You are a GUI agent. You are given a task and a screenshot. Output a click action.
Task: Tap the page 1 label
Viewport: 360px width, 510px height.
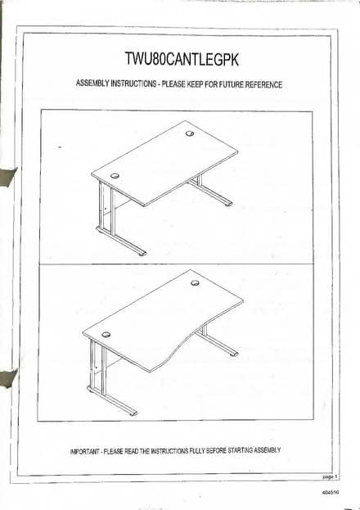[331, 475]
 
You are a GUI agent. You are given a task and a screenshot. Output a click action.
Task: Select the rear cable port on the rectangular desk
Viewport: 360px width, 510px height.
[190, 133]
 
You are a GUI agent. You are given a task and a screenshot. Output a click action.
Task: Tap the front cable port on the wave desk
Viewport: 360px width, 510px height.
[106, 335]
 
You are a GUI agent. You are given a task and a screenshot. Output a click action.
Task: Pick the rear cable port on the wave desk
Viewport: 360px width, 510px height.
[195, 282]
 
